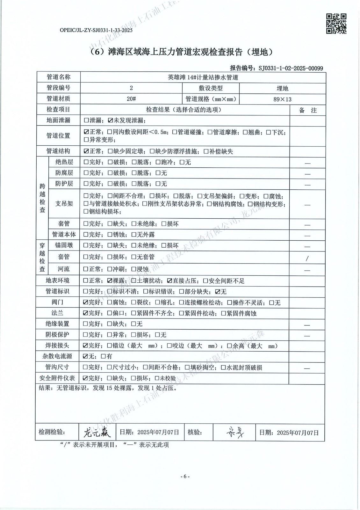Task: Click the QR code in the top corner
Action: pyautogui.click(x=336, y=23)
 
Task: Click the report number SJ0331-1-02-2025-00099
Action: pyautogui.click(x=291, y=68)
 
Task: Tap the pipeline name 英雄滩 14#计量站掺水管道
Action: pyautogui.click(x=203, y=77)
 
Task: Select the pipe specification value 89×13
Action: pyautogui.click(x=282, y=99)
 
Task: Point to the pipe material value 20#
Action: pyautogui.click(x=131, y=99)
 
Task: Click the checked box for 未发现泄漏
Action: pyautogui.click(x=111, y=120)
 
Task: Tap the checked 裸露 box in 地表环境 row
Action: pyautogui.click(x=110, y=281)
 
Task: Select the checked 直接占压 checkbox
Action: pyautogui.click(x=170, y=281)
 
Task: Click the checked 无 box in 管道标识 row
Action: pyautogui.click(x=218, y=291)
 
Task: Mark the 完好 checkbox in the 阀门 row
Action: pyautogui.click(x=85, y=302)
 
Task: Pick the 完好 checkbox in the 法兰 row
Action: pyautogui.click(x=85, y=313)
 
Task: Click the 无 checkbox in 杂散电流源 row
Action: pyautogui.click(x=85, y=356)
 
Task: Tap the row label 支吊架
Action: pyautogui.click(x=64, y=203)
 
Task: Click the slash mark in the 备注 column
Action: pyautogui.click(x=307, y=259)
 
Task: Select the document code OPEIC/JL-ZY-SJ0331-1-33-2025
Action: pyautogui.click(x=96, y=30)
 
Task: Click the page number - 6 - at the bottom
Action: pyautogui.click(x=185, y=477)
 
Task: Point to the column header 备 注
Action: pyautogui.click(x=308, y=110)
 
